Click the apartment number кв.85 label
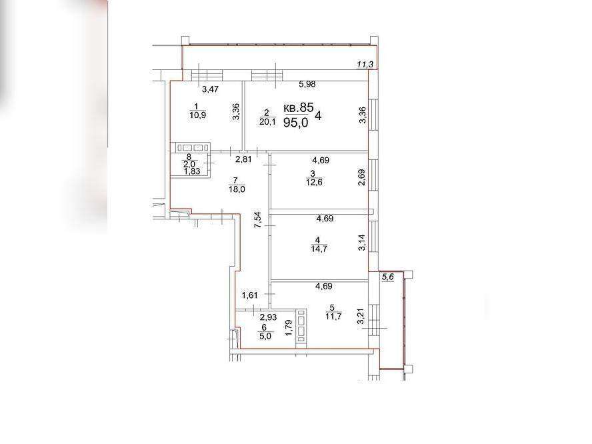click(298, 108)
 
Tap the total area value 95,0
click(296, 123)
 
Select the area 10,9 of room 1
click(198, 115)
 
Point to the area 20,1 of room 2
click(268, 121)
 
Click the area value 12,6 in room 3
click(314, 183)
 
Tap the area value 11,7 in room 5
click(333, 316)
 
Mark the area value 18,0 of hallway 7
click(237, 189)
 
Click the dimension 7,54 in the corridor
click(257, 220)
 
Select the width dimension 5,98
click(307, 85)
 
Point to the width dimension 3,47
click(210, 89)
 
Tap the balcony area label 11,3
click(365, 65)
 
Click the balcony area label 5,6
click(388, 277)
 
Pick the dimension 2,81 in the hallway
click(243, 160)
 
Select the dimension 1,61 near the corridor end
click(250, 295)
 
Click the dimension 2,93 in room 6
click(268, 317)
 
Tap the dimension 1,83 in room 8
click(192, 171)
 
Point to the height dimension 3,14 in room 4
click(362, 243)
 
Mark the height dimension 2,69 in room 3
click(362, 177)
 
